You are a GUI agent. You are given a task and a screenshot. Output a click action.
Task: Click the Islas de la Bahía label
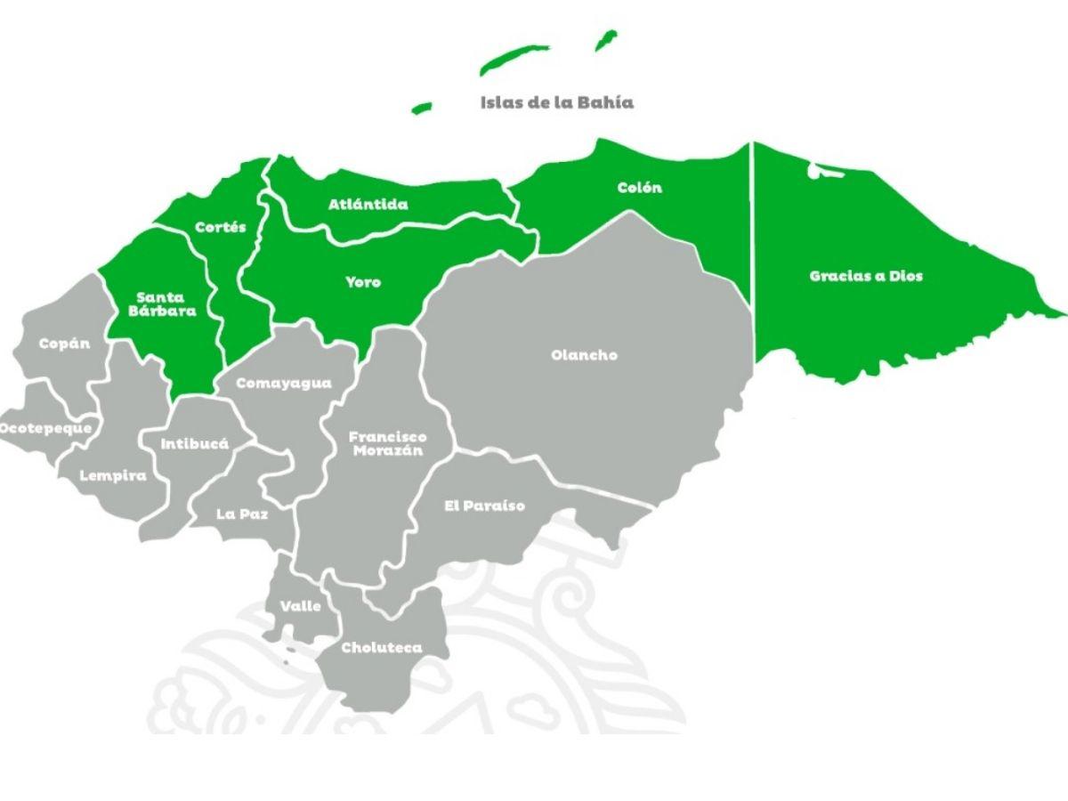point(557,102)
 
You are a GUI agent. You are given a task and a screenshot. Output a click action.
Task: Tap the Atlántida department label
point(368,205)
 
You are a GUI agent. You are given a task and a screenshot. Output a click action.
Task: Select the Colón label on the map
point(640,188)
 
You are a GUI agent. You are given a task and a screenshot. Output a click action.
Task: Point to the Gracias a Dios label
point(866,276)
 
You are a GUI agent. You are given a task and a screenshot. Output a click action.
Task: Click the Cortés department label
point(220,228)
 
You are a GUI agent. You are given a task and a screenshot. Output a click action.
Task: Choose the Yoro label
point(363,282)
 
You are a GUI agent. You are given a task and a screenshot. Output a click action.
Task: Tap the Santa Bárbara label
point(166,304)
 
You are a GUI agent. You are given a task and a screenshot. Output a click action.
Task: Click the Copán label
point(64,344)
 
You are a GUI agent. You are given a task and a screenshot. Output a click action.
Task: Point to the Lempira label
point(113,475)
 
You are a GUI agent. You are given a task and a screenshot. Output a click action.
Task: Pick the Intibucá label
point(194,443)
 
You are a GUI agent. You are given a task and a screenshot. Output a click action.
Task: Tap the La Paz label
point(242,514)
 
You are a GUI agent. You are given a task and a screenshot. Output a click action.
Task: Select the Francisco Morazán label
point(387,443)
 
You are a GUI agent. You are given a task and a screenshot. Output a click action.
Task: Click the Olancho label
point(584,355)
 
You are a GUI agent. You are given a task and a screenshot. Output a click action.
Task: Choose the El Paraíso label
point(484,506)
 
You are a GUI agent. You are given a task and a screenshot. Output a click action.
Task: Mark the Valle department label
point(301,606)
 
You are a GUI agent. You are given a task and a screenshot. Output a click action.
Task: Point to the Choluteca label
point(382,648)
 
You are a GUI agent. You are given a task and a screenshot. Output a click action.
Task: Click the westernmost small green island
point(422,108)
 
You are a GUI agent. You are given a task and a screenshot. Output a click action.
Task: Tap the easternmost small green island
point(606,39)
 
